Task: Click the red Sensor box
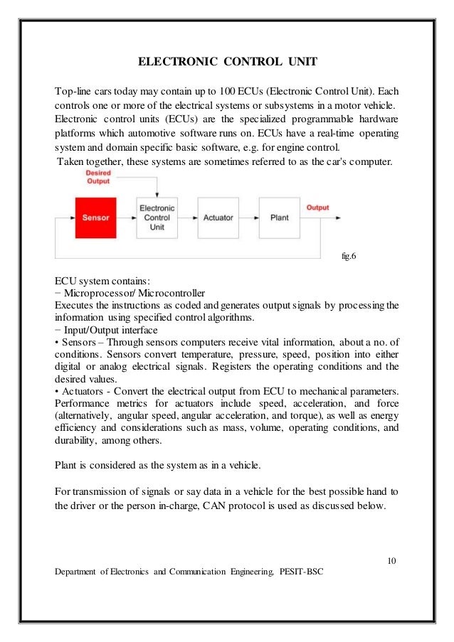(95, 217)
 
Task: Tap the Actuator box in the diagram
(218, 217)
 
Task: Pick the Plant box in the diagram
(280, 217)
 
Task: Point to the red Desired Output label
(97, 177)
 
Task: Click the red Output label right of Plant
(317, 208)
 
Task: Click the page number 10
(391, 561)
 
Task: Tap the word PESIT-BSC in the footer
(302, 572)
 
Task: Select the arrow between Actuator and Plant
(249, 218)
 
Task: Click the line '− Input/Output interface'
(110, 330)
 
